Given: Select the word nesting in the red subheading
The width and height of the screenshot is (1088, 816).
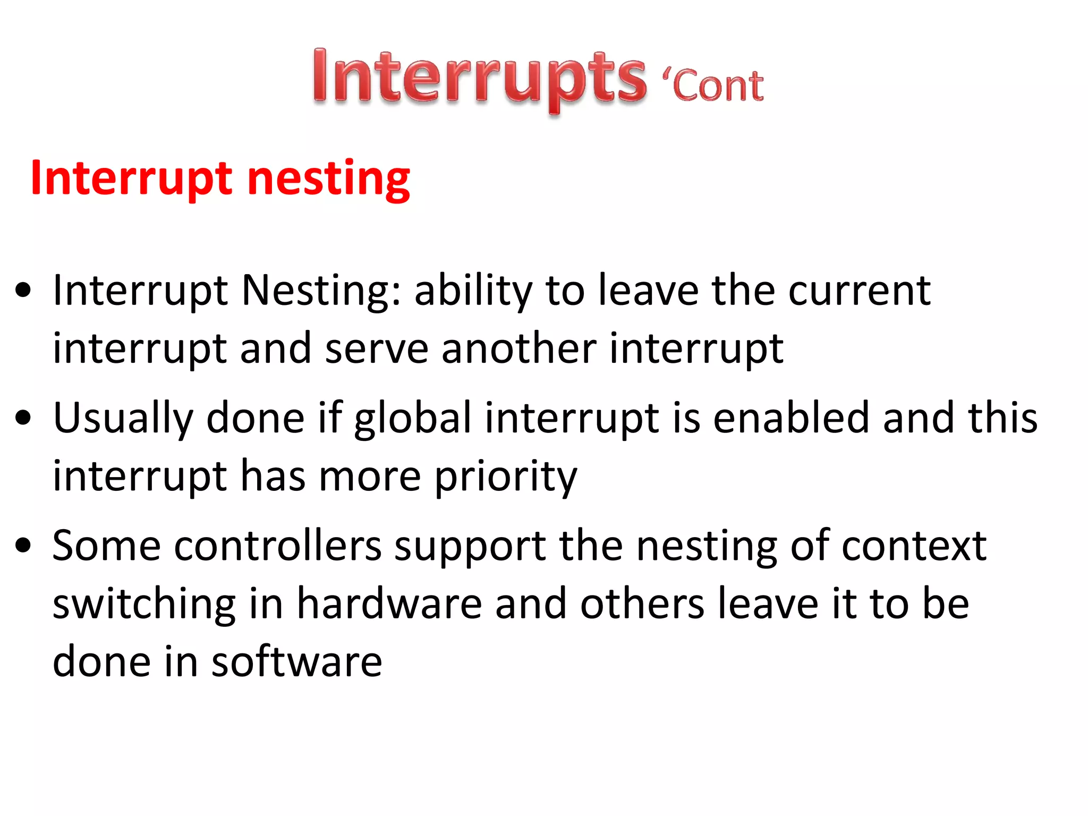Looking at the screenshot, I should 328,179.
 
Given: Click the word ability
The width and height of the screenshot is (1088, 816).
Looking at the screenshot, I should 473,291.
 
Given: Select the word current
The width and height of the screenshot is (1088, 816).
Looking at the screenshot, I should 859,291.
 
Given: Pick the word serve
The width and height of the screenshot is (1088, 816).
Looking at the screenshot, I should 376,349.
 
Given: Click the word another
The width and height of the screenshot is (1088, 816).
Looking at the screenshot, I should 518,349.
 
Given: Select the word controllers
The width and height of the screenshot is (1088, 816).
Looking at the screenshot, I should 277,546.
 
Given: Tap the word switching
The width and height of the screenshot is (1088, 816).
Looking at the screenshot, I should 144,605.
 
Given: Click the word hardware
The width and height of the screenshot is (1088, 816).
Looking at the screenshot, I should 389,605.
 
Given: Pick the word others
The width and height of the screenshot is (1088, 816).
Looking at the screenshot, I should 642,605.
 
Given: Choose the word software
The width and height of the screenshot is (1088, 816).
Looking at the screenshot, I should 296,662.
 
